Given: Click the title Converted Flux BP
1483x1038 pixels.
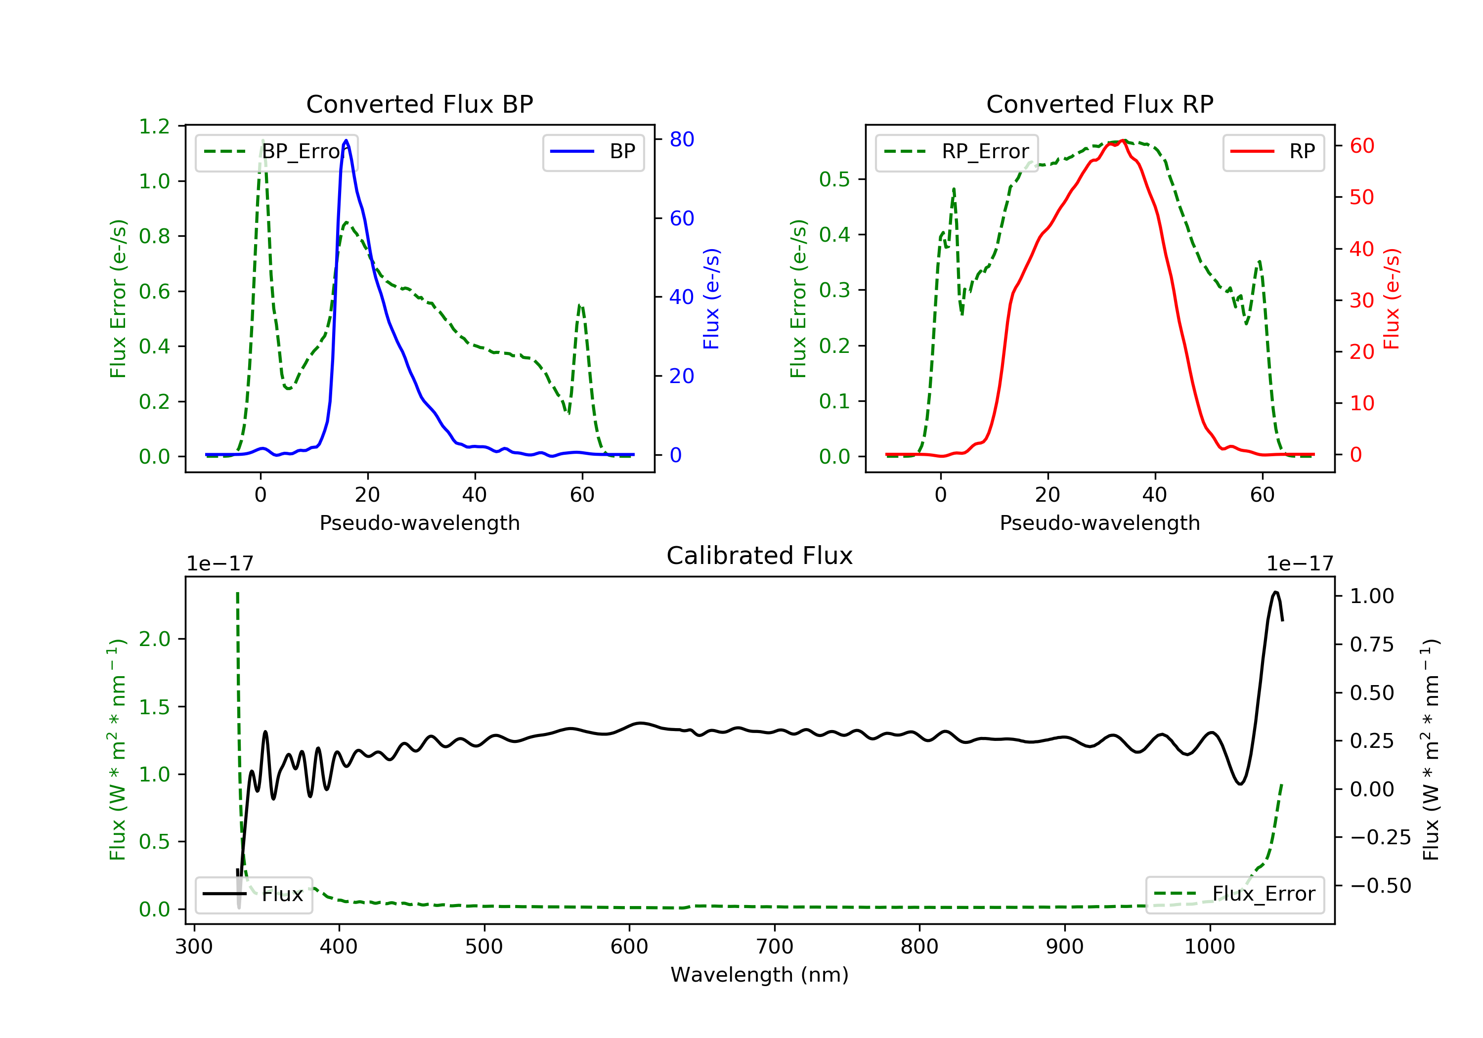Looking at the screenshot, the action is tap(419, 104).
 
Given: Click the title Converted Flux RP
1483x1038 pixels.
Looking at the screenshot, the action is tap(1099, 104).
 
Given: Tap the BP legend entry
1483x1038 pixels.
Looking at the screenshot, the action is tap(593, 152).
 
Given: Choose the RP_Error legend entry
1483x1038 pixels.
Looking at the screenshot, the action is tap(956, 152).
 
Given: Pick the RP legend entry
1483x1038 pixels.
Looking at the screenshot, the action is tap(1272, 152).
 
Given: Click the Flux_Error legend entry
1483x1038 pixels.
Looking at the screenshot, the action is tap(1234, 894).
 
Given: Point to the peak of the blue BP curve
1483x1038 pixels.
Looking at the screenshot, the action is tap(346, 140).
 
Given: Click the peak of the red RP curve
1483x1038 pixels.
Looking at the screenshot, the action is tap(1123, 140).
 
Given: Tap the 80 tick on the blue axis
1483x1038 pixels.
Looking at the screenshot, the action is tap(681, 139).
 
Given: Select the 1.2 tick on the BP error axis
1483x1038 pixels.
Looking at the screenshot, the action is tap(154, 127).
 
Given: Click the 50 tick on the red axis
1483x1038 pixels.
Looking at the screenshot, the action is tap(1361, 197).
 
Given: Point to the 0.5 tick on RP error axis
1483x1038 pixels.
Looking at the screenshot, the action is tap(834, 179).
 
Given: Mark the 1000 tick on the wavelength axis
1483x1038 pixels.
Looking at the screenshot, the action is tap(1209, 947).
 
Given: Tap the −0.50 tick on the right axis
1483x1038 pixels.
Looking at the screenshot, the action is tap(1380, 886).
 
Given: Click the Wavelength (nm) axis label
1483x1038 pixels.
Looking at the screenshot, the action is tap(760, 975).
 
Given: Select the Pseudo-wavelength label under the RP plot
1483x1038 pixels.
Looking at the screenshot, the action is tap(1099, 522).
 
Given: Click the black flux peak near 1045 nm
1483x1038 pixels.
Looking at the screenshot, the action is tap(1275, 592).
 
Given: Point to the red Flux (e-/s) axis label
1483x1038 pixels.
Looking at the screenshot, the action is tap(1391, 299).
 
